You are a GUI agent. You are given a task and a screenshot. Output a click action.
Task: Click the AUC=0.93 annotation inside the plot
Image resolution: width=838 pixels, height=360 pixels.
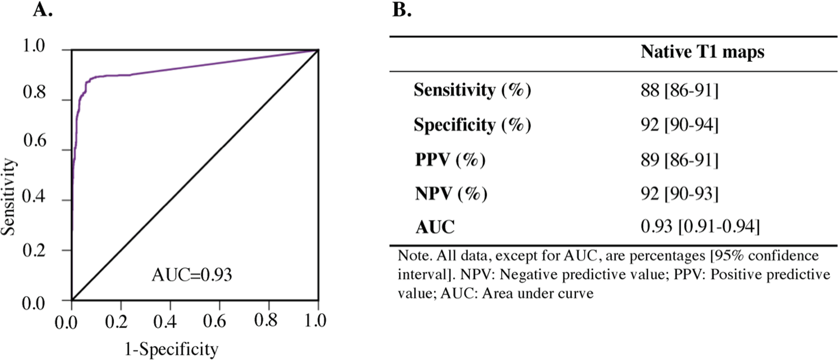192,275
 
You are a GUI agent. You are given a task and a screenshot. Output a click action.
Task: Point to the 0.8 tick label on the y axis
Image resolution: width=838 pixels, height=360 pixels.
34,92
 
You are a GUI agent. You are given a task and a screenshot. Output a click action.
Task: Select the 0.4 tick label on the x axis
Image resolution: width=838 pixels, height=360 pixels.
165,321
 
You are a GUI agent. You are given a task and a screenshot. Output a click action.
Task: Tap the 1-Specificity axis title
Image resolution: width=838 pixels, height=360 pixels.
172,349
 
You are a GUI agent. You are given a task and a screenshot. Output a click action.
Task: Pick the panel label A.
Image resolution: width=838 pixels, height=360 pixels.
42,10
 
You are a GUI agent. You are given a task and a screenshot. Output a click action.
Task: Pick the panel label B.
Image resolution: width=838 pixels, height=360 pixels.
402,10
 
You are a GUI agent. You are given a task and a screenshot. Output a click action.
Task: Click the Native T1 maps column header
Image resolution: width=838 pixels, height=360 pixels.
702,52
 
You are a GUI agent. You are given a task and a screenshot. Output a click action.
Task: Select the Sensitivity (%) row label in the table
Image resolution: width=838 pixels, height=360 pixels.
472,90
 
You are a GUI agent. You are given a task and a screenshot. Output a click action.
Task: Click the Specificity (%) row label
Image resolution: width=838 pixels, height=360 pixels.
472,125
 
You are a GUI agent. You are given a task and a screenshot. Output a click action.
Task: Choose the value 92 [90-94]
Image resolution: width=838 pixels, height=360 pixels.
679,125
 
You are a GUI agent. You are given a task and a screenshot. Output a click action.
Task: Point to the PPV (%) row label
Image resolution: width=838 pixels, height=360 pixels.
450,160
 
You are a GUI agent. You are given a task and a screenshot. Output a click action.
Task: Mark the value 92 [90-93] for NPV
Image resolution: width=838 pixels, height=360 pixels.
679,194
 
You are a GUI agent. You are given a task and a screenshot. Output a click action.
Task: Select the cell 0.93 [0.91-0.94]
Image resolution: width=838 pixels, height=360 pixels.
700,227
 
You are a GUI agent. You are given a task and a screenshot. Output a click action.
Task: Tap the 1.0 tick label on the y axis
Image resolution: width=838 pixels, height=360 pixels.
34,46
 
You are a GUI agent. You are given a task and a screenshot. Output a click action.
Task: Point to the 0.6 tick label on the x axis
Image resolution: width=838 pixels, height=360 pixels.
214,321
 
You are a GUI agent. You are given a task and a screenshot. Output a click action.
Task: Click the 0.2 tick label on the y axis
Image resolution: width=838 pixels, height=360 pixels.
34,251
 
